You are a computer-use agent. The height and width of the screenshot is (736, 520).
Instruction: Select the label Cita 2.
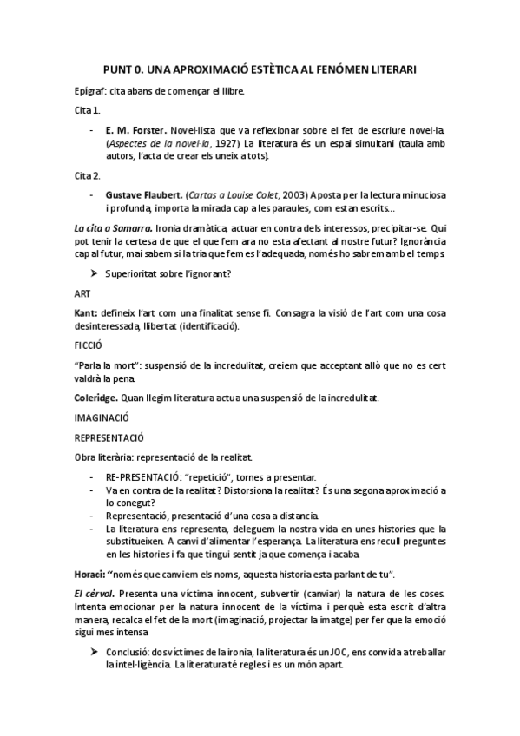(87, 175)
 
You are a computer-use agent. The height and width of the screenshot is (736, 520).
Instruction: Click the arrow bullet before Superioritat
(94, 273)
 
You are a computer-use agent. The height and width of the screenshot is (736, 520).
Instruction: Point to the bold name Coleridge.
(103, 397)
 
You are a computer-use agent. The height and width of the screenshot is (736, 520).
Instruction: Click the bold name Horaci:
(93, 574)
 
